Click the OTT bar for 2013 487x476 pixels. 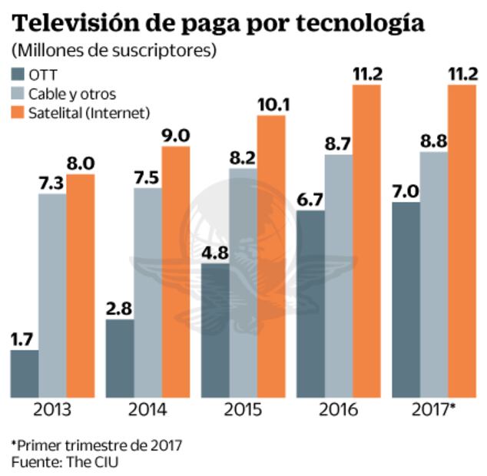24,374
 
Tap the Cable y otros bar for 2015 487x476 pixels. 242,283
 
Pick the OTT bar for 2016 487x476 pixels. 310,303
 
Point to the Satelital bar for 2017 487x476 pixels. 462,241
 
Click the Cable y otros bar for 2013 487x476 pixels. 52,296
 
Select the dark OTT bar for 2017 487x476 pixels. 405,299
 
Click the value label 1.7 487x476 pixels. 24,338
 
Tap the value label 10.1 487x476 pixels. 271,103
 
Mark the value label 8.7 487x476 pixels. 338,142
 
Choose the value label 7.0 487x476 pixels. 405,190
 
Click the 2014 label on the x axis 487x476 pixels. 147,409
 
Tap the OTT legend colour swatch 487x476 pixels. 18,74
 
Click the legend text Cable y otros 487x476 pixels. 72,94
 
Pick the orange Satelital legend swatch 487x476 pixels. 18,113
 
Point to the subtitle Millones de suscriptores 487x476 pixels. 114,51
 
